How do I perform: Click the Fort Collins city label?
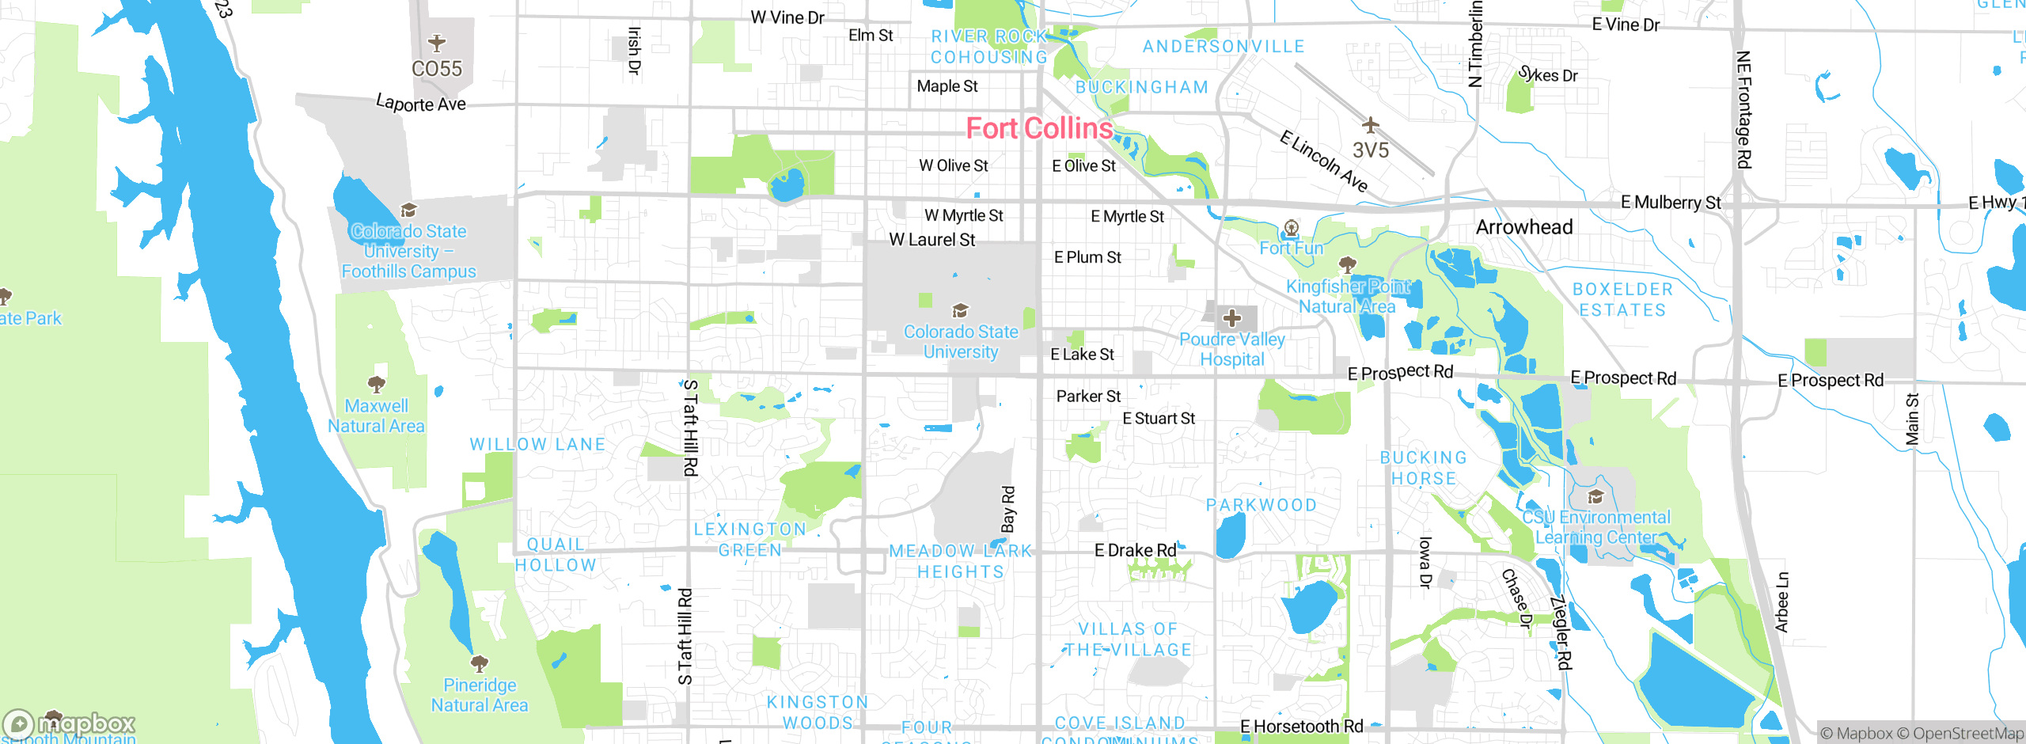(1039, 128)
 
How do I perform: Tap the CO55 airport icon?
(436, 43)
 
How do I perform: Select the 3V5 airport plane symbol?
(1371, 125)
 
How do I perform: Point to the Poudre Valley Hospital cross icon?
(1231, 318)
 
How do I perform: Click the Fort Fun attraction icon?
(1291, 229)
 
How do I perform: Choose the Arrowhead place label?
(1524, 227)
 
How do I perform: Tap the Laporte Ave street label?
(420, 104)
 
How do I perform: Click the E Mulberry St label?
(1671, 203)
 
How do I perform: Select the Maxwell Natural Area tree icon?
(377, 385)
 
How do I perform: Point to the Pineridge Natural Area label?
(479, 695)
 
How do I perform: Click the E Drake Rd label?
(1135, 550)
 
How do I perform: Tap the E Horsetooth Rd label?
(1302, 726)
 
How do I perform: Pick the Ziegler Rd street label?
(1561, 633)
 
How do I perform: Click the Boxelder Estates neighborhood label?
(1622, 300)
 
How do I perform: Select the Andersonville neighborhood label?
(1224, 47)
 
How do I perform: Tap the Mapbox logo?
(70, 723)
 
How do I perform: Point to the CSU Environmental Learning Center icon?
(1595, 496)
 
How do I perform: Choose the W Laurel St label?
(931, 240)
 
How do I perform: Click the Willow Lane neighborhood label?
(537, 445)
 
